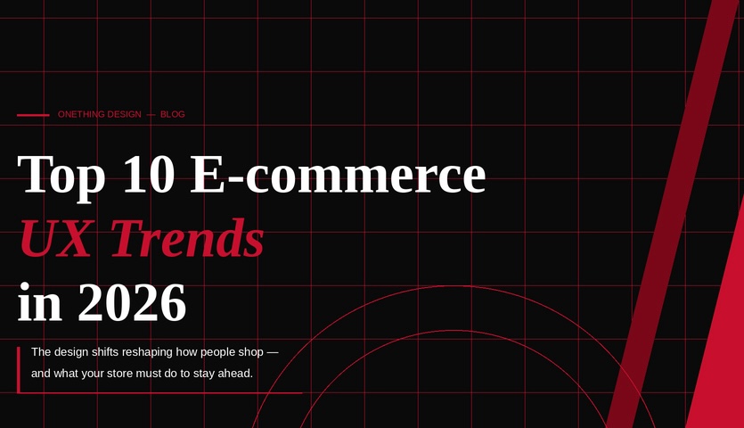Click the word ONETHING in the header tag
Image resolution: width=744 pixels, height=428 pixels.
pos(81,115)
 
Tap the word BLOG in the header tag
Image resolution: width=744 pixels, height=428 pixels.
pos(173,115)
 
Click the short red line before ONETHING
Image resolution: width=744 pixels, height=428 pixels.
pos(33,115)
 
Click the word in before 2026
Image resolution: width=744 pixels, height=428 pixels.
pos(39,303)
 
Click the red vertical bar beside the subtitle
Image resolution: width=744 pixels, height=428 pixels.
pos(19,369)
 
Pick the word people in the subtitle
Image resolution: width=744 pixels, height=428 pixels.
pos(213,352)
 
